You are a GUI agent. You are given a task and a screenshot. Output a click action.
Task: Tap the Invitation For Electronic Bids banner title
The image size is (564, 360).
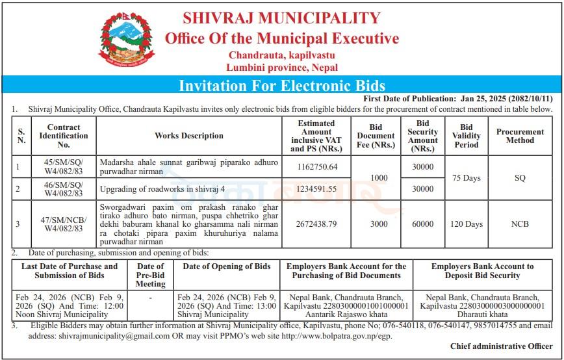tap(281, 85)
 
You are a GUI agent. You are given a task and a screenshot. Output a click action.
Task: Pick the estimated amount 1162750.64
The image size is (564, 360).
tap(316, 167)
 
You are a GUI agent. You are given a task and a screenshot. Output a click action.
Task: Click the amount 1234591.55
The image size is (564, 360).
tap(316, 189)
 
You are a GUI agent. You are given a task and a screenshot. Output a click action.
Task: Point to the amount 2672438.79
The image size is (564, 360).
tap(316, 224)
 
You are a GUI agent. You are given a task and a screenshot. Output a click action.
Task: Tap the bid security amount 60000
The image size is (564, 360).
tap(422, 224)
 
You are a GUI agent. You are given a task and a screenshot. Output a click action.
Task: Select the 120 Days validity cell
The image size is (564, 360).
tap(466, 224)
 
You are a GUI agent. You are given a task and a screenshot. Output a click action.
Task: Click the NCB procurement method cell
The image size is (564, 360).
tap(520, 224)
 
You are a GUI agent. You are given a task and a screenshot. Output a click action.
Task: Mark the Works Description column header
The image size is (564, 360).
tap(189, 136)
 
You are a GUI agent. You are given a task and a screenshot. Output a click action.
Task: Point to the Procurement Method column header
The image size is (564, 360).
tap(520, 136)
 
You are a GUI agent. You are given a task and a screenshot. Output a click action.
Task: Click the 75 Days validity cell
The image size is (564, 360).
tap(466, 178)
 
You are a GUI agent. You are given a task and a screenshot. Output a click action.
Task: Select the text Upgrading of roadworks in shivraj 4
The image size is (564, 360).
tap(162, 189)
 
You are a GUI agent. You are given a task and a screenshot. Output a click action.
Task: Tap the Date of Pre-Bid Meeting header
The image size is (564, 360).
tap(151, 275)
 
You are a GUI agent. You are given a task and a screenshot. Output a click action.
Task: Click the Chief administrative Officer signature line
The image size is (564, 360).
tap(500, 347)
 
